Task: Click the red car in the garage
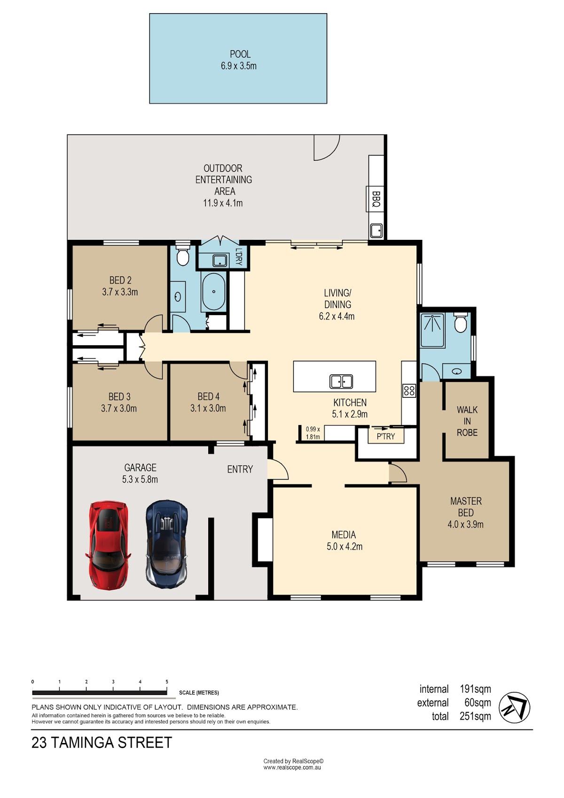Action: (108, 545)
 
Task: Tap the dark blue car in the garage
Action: (167, 544)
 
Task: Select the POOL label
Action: (240, 54)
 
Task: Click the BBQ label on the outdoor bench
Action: (376, 199)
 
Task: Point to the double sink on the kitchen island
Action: (341, 381)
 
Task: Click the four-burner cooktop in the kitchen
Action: (409, 390)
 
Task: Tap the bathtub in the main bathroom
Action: (213, 292)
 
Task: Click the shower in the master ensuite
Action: (432, 330)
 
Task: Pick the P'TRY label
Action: (385, 436)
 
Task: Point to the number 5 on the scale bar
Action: (167, 681)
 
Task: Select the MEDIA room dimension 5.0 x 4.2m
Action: (345, 546)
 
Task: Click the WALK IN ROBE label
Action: (467, 421)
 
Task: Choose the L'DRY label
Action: (239, 256)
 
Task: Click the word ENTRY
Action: (240, 469)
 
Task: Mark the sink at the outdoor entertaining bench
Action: (376, 230)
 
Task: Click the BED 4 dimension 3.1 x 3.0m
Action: (208, 408)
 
